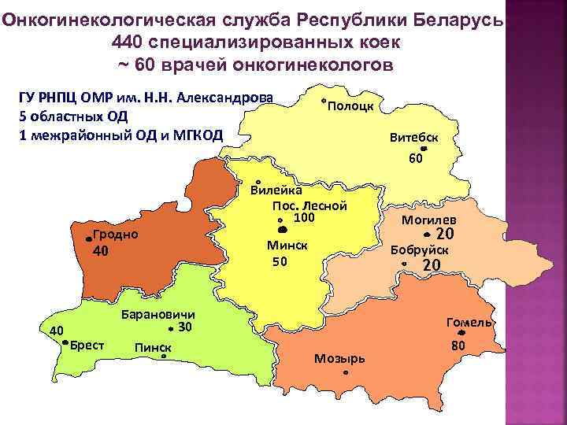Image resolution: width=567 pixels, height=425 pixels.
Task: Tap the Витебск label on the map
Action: pyautogui.click(x=414, y=136)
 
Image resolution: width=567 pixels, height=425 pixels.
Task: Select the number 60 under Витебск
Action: pyautogui.click(x=417, y=158)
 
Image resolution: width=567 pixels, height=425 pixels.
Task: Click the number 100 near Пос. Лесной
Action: pyautogui.click(x=304, y=217)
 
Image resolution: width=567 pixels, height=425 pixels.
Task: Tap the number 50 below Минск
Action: pyautogui.click(x=280, y=262)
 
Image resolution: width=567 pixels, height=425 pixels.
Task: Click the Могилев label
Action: pyautogui.click(x=428, y=220)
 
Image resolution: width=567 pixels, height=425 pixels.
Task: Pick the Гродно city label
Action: pyautogui.click(x=115, y=235)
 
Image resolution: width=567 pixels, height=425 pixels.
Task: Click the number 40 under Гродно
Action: pyautogui.click(x=100, y=252)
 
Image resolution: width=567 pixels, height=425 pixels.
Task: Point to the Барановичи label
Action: pyautogui.click(x=158, y=314)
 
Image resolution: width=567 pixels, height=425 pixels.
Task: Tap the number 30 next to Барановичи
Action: pyautogui.click(x=185, y=327)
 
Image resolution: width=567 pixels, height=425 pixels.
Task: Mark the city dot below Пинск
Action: pyautogui.click(x=163, y=357)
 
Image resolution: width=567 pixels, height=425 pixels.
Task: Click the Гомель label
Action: pyautogui.click(x=469, y=323)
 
